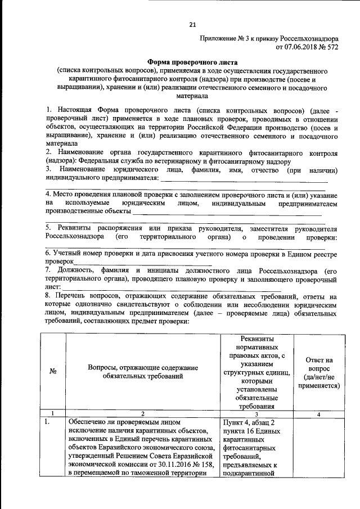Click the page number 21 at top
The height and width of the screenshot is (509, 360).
click(x=192, y=25)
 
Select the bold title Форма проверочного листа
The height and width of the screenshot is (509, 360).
click(x=192, y=63)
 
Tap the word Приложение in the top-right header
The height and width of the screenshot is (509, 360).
click(x=219, y=38)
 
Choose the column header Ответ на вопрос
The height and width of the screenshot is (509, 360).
click(x=318, y=372)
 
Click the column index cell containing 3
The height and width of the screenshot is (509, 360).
click(x=256, y=414)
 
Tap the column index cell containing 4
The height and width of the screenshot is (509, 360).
click(x=318, y=414)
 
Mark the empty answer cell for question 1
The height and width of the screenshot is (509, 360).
click(x=318, y=447)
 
